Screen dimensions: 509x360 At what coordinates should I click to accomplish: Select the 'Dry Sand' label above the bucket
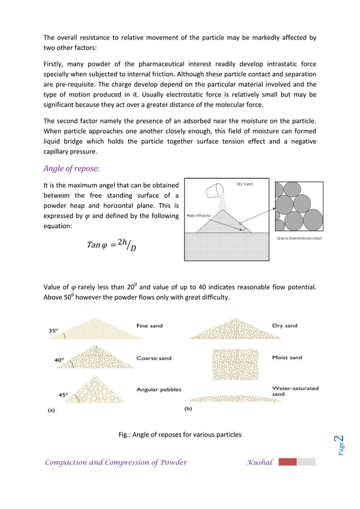(x=244, y=185)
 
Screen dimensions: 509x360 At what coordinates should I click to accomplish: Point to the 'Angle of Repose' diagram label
(x=199, y=216)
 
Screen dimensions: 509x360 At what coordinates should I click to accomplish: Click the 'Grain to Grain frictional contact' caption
(x=300, y=238)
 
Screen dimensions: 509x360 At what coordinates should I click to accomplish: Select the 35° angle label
(x=52, y=331)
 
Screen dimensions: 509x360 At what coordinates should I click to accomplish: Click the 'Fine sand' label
(x=150, y=326)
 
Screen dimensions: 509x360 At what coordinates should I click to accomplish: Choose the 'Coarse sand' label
(x=153, y=358)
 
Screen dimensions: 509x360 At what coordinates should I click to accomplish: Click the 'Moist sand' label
(x=287, y=358)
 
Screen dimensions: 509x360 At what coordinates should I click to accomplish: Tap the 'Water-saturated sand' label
(x=295, y=391)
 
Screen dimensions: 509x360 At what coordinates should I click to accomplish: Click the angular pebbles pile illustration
(x=94, y=389)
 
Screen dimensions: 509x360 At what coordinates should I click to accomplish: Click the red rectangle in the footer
(x=287, y=462)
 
